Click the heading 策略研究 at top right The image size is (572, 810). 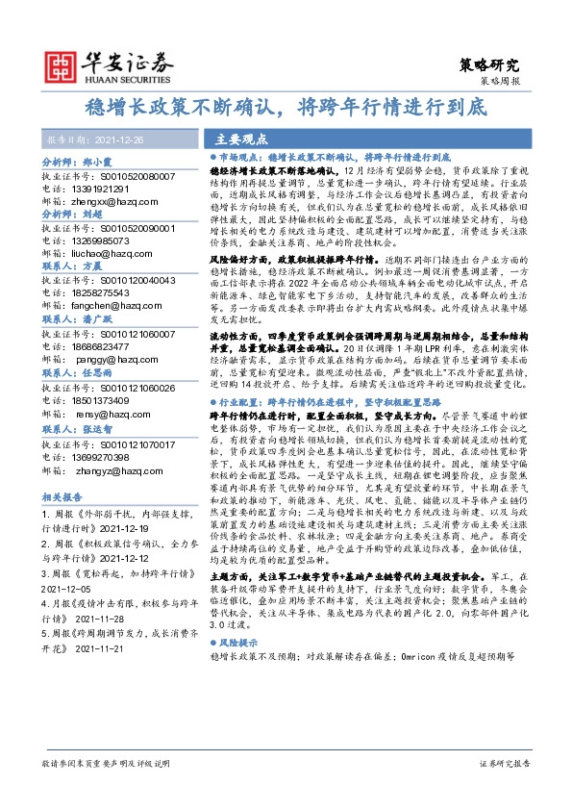coord(491,65)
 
